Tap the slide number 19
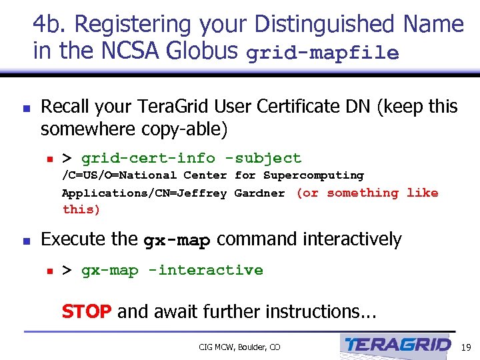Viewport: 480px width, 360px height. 466,347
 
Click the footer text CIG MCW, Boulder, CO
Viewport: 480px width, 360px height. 239,347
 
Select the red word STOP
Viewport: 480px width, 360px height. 86,311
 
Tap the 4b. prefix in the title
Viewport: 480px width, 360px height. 50,24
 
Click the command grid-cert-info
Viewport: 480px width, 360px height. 148,158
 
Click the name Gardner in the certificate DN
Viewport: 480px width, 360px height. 259,193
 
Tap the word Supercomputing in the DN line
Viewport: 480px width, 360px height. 313,175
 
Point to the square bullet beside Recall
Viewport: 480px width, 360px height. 25,107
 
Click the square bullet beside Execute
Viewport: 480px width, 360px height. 25,240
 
